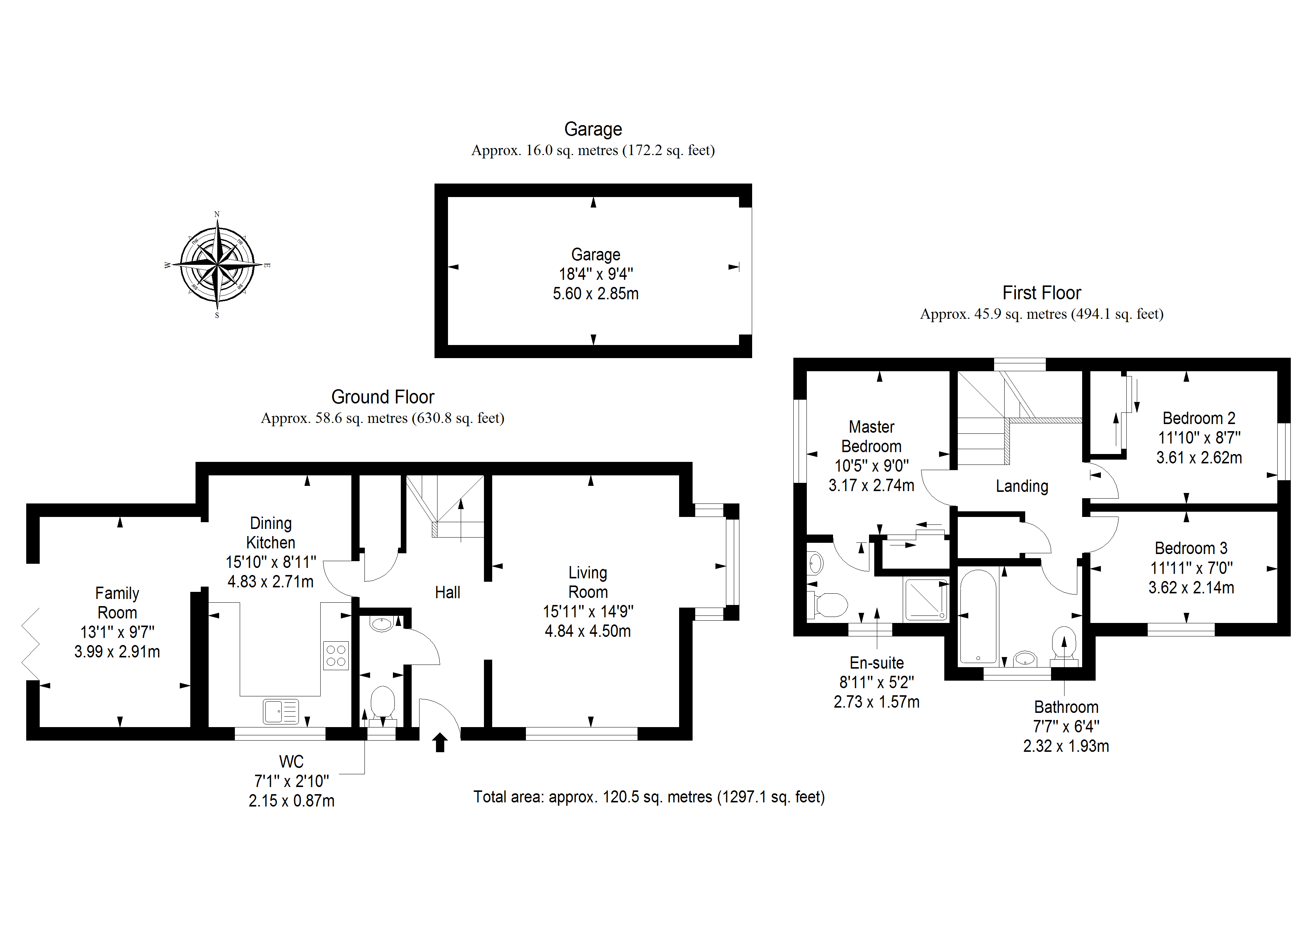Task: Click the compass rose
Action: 217,265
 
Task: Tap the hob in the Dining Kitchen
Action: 336,656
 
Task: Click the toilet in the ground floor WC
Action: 382,703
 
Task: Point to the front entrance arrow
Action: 439,742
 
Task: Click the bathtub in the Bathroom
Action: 978,617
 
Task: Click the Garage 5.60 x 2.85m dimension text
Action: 595,294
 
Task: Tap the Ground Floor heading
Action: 382,397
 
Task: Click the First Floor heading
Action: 1042,293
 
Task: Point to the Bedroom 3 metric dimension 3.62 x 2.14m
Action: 1191,588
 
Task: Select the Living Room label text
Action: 588,582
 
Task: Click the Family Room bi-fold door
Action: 31,644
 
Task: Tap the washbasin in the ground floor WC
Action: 382,623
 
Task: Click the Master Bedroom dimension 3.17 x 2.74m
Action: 871,485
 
